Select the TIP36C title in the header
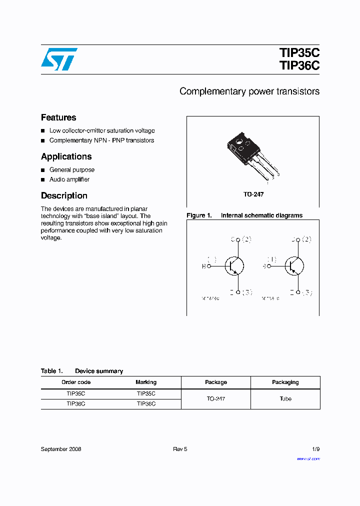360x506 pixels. tap(299, 66)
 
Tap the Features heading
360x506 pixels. tap(58, 117)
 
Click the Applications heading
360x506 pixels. tap(66, 156)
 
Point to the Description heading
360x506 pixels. tap(64, 195)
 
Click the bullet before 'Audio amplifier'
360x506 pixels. tap(43, 179)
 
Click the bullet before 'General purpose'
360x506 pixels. tap(43, 170)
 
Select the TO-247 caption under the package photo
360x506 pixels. tap(253, 194)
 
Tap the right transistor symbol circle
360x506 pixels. tap(294, 265)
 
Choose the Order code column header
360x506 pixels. tap(76, 382)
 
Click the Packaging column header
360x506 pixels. tap(285, 382)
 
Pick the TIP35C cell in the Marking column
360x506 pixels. tap(146, 393)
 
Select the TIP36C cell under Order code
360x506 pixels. tap(76, 403)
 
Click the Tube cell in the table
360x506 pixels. tap(285, 398)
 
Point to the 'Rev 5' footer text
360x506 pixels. tap(180, 449)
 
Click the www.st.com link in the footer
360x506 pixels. tap(308, 458)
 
